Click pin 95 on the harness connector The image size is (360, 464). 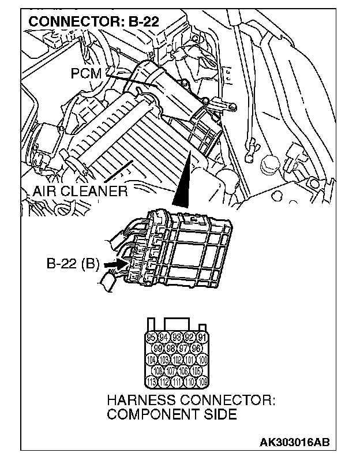(x=153, y=338)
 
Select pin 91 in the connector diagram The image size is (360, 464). (x=202, y=338)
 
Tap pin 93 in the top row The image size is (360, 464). (x=178, y=338)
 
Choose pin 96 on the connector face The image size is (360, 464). (x=196, y=348)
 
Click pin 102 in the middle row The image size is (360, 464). (x=178, y=359)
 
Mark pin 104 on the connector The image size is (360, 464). (x=153, y=359)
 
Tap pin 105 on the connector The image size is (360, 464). (x=196, y=369)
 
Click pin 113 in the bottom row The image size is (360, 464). (x=153, y=380)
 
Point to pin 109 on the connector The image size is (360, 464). (x=202, y=380)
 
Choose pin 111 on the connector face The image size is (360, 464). (x=178, y=380)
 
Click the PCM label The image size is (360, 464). (x=86, y=73)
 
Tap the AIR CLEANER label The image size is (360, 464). (x=80, y=191)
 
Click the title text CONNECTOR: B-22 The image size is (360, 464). (x=93, y=22)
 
